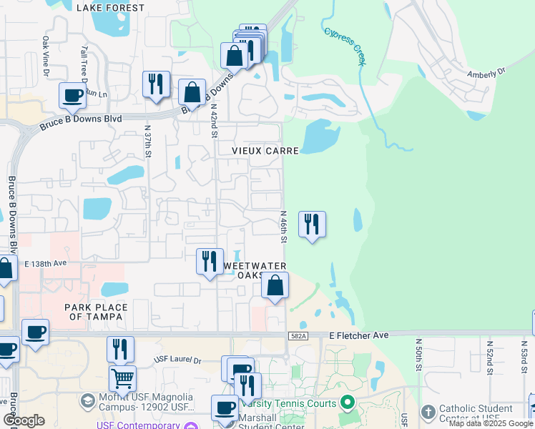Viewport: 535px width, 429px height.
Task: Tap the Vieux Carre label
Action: coord(264,151)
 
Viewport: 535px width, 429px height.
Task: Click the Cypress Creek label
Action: coord(345,46)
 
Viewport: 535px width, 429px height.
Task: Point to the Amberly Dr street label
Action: coord(486,72)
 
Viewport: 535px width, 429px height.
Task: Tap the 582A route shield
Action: coord(298,335)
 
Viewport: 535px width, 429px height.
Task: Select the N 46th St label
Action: coord(283,226)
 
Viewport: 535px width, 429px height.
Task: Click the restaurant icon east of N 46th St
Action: coord(311,225)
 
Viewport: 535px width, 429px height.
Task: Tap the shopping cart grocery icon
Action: coord(122,378)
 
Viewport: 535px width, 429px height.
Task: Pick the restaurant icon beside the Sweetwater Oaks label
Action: coord(210,260)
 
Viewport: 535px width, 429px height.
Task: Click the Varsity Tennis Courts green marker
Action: coord(348,403)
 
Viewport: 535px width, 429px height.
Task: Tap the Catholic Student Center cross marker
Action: coord(428,413)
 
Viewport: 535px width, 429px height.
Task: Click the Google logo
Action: coord(24,420)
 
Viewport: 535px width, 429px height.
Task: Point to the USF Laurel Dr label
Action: coord(178,359)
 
